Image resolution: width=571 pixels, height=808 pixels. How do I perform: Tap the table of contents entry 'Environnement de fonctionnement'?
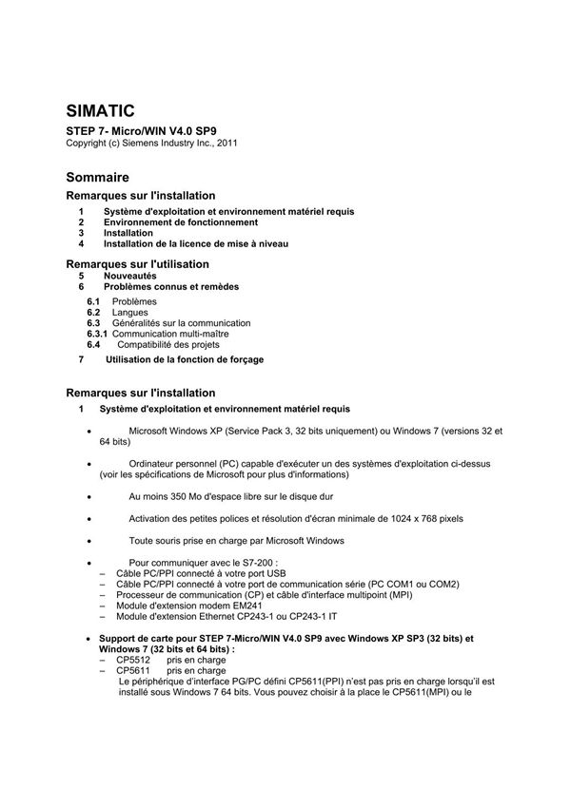coord(181,221)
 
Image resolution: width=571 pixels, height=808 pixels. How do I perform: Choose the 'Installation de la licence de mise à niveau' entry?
coord(196,243)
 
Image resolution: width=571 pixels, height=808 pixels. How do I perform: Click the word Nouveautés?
coord(130,275)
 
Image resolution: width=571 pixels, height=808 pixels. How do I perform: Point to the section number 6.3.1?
coord(97,334)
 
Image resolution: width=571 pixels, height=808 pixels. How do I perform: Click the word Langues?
coord(129,312)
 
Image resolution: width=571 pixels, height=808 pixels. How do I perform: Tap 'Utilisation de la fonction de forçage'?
coord(184,359)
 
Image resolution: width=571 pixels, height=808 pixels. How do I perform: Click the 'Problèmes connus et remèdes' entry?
coord(171,286)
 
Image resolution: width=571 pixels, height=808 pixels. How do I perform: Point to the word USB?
coord(275,574)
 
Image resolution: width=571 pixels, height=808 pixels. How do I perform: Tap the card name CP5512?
coord(133,659)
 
